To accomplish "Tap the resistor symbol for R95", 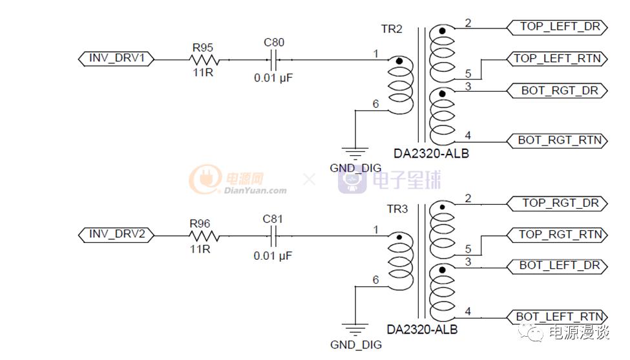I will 204,59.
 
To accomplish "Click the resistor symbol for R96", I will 204,236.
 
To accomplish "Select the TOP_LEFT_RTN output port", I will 557,59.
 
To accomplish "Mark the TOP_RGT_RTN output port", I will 557,235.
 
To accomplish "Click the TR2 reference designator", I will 392,30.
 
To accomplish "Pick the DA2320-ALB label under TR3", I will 422,330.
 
